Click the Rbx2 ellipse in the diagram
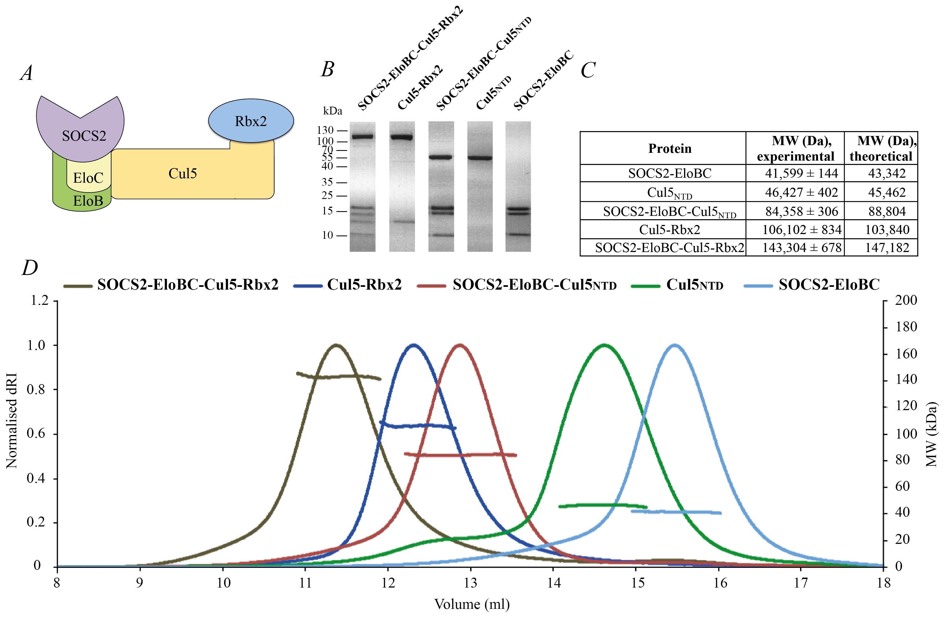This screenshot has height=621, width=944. click(251, 121)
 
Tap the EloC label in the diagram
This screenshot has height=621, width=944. click(88, 178)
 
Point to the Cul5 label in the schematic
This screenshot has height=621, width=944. click(182, 173)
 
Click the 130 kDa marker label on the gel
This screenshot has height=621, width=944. click(325, 130)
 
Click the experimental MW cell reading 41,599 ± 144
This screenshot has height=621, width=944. click(801, 173)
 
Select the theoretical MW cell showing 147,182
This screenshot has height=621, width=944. click(887, 248)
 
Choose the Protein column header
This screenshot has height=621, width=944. click(669, 148)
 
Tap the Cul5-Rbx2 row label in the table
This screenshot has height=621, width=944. click(669, 230)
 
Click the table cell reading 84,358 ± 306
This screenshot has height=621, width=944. click(801, 211)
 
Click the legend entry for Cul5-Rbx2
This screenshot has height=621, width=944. click(364, 284)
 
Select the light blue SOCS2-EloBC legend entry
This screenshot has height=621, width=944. click(829, 284)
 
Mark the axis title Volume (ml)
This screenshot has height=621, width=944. click(472, 604)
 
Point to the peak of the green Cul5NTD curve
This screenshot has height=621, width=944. click(604, 345)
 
